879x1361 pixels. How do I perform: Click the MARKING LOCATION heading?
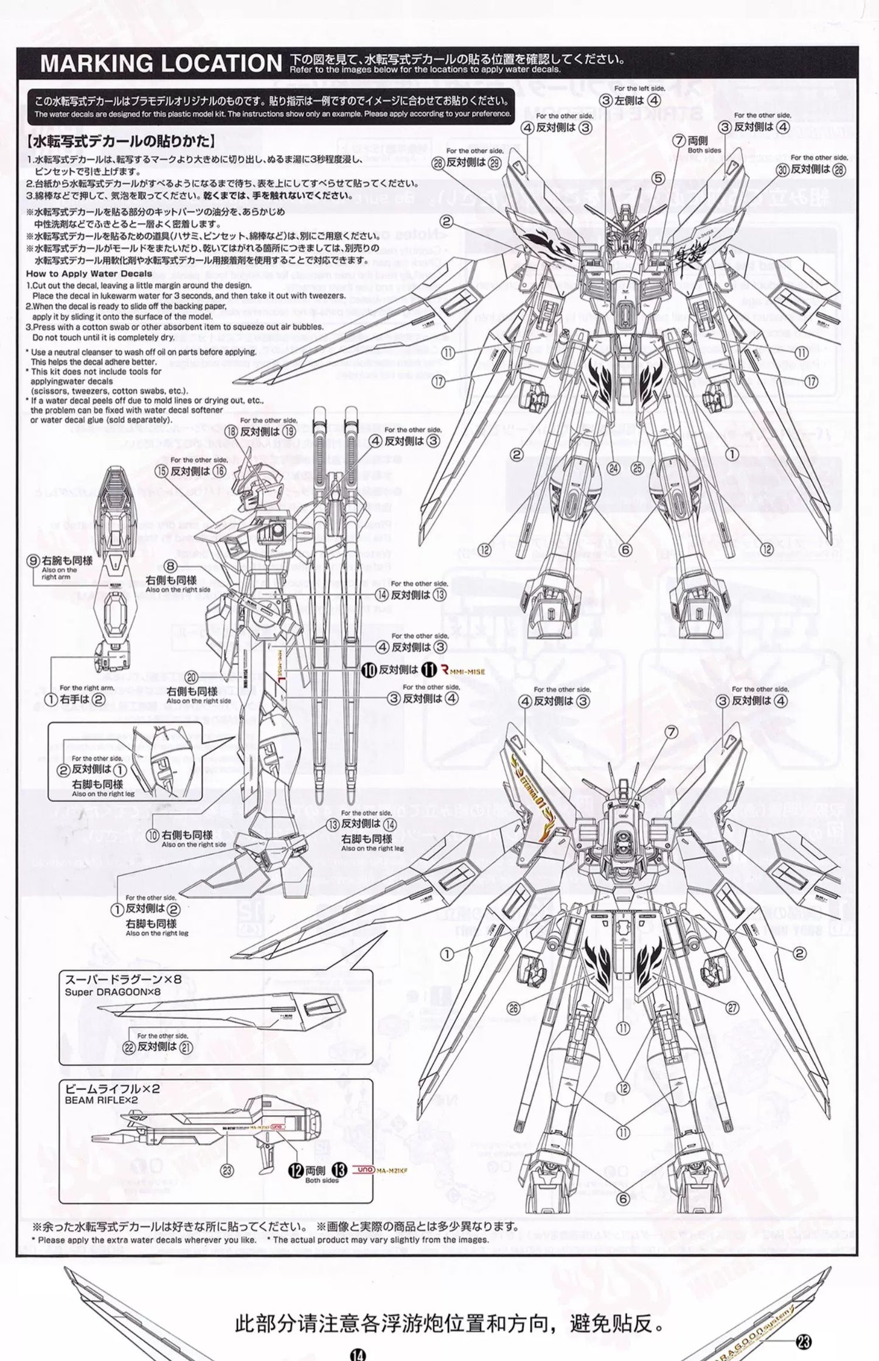161,64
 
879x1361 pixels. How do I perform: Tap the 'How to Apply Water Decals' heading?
89,274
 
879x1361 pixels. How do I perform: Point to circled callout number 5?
658,179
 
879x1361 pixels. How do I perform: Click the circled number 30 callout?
783,170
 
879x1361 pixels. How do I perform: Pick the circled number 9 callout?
34,561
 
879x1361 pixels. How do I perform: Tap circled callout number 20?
192,677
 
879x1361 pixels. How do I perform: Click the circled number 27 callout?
732,1008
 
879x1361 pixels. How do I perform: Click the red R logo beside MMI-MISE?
444,670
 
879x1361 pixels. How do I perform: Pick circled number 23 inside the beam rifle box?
227,1169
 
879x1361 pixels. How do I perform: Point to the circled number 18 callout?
231,431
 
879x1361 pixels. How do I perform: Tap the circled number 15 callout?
161,471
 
